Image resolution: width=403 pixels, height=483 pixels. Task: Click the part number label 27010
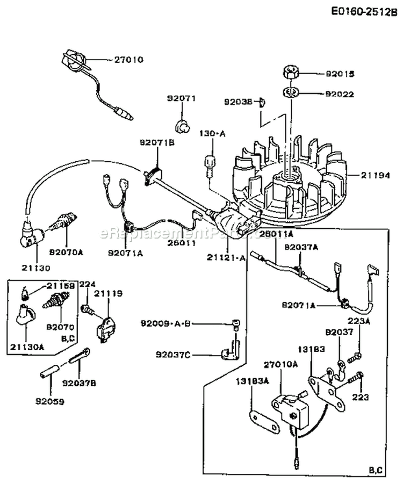tap(128, 60)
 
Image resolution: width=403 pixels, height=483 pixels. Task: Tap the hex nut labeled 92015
tap(292, 73)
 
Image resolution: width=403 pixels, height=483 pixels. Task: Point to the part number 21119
tap(109, 293)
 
